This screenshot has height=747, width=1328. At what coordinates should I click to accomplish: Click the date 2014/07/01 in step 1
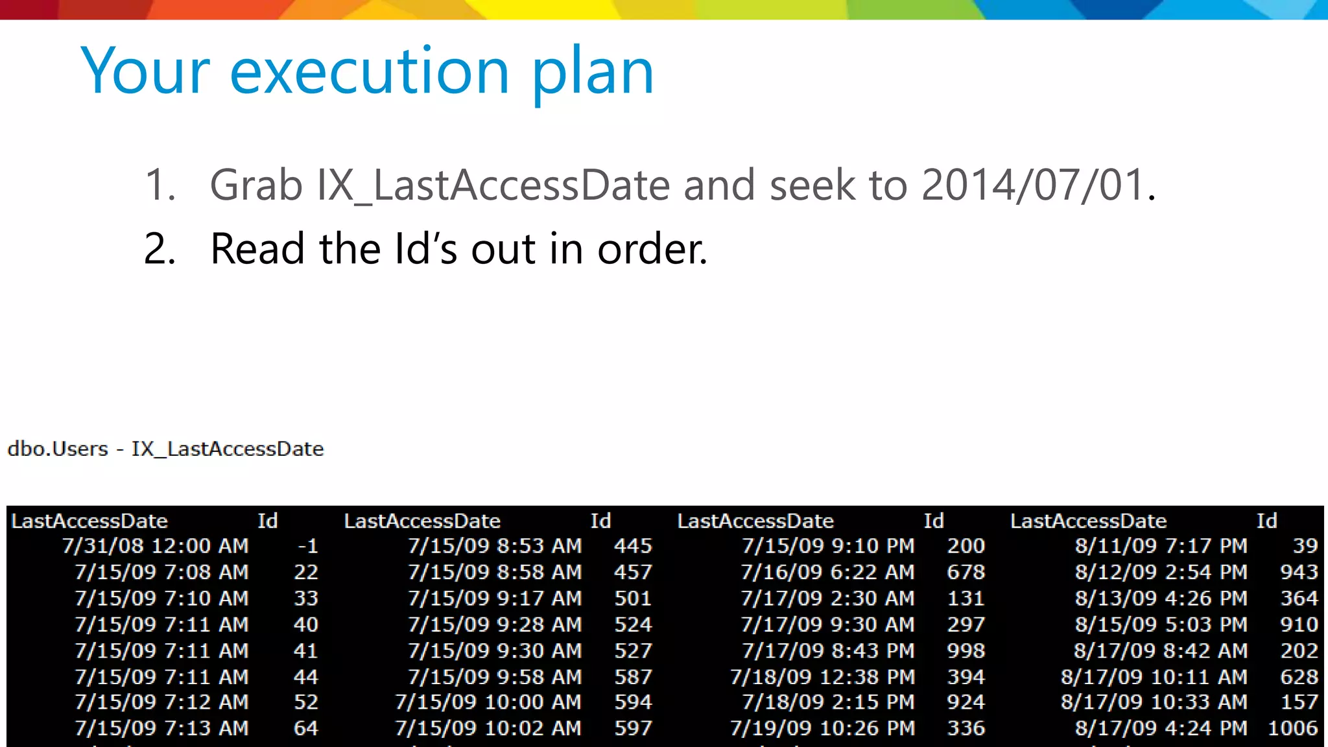tap(1033, 185)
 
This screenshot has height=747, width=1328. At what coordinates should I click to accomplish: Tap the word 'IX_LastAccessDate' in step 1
tap(493, 186)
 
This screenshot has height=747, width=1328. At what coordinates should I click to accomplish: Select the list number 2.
tap(160, 249)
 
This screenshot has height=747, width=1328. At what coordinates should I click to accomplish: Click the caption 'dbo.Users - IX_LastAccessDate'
tap(165, 449)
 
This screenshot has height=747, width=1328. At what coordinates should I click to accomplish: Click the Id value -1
tap(307, 546)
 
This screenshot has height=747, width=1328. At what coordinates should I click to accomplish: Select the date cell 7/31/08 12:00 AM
tap(156, 546)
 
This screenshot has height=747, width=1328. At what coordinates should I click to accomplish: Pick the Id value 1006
tap(1292, 728)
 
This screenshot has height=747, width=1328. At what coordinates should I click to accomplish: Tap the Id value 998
tap(966, 650)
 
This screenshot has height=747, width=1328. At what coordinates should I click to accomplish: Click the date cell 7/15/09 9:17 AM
tap(495, 599)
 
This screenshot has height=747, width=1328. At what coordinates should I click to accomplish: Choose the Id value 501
tap(633, 599)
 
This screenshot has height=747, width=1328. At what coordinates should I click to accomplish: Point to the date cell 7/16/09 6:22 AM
tap(827, 572)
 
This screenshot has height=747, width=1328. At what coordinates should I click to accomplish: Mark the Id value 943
tap(1299, 572)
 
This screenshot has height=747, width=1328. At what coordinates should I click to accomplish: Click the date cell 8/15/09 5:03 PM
tap(1161, 624)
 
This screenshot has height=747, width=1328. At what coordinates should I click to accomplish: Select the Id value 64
tap(305, 728)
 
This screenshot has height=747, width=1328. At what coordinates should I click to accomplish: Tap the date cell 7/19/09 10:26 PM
tap(822, 728)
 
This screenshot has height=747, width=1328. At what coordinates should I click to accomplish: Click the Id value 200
tap(966, 546)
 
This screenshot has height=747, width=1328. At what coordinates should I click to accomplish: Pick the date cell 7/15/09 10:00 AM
tap(488, 702)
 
